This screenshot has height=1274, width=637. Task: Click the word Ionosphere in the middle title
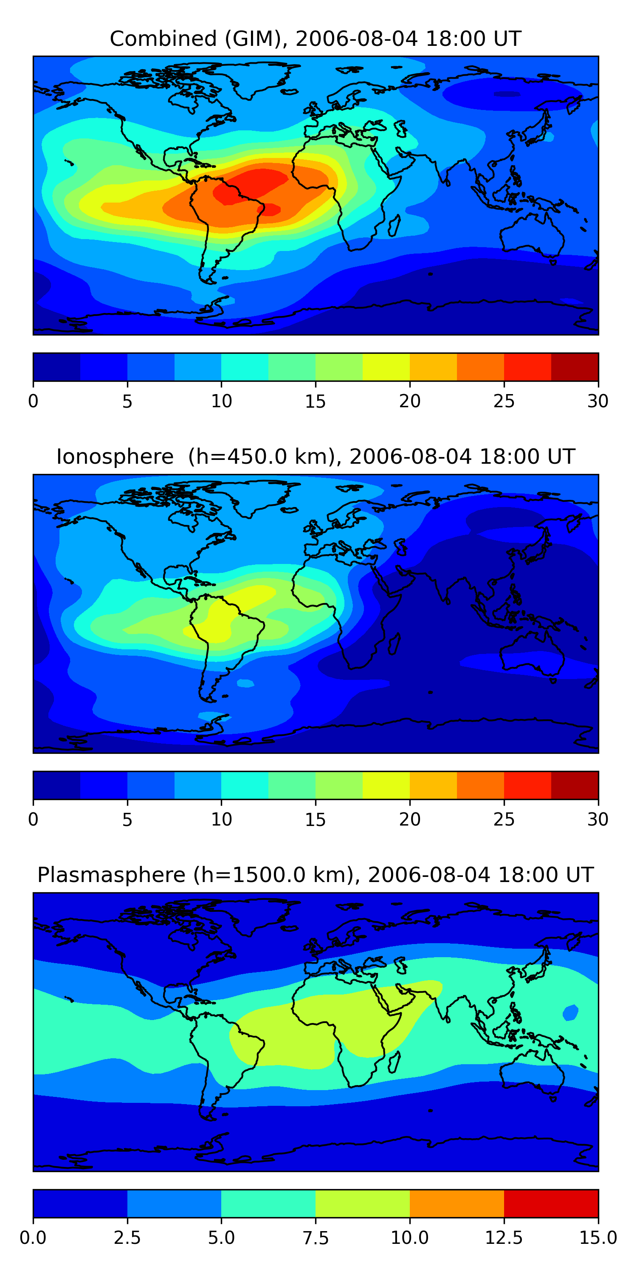[115, 457]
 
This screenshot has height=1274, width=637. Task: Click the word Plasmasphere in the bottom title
[111, 874]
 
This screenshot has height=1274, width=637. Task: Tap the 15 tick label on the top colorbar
[315, 401]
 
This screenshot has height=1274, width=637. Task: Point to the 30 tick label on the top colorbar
[598, 401]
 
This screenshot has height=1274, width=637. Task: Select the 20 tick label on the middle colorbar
[409, 819]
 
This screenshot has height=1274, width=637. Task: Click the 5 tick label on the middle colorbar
[127, 819]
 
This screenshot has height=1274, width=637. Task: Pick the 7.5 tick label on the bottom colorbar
[315, 1237]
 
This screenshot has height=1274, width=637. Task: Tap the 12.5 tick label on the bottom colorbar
[504, 1237]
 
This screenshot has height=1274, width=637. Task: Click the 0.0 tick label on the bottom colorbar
[33, 1237]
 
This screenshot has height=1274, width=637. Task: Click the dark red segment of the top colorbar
[575, 367]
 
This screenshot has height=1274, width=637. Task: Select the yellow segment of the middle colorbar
[386, 785]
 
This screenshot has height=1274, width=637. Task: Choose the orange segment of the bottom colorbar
[457, 1203]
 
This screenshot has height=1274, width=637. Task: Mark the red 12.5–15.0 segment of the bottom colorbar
[551, 1203]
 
